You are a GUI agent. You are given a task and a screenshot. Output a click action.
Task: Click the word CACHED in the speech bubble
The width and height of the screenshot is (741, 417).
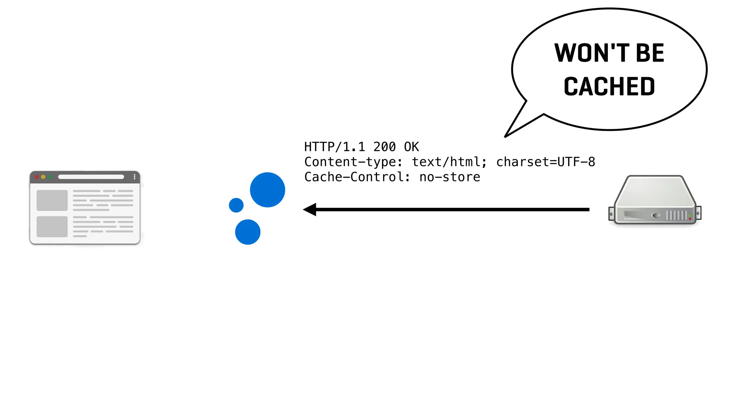[609, 87]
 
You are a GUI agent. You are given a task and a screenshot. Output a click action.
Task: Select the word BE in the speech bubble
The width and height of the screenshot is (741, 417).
[650, 53]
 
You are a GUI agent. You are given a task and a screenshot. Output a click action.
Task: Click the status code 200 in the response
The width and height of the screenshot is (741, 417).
[384, 147]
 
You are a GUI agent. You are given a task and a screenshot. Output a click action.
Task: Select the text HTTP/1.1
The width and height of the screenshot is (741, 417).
[334, 147]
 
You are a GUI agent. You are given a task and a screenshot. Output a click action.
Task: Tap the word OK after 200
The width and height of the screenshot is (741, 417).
[411, 147]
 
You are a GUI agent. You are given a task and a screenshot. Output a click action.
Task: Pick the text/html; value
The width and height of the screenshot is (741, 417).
[449, 162]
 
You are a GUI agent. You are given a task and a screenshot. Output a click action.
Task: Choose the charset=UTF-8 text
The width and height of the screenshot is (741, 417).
[545, 162]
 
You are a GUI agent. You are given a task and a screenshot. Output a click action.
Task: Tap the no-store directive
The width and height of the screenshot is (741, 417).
[450, 177]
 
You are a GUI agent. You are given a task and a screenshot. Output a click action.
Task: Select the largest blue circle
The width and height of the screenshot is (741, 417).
[267, 190]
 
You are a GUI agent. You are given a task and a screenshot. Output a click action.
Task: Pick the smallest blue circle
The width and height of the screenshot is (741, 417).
[236, 205]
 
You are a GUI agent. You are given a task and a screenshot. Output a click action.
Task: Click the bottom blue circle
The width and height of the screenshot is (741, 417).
[248, 232]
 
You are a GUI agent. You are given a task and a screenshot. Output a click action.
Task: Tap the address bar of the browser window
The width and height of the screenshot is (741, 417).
[91, 177]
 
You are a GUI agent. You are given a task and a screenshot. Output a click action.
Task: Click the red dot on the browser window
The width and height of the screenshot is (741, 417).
[37, 177]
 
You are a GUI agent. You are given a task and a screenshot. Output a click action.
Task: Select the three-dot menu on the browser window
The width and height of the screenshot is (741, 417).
[135, 177]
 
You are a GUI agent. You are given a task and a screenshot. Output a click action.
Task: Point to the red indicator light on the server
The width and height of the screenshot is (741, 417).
[690, 219]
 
